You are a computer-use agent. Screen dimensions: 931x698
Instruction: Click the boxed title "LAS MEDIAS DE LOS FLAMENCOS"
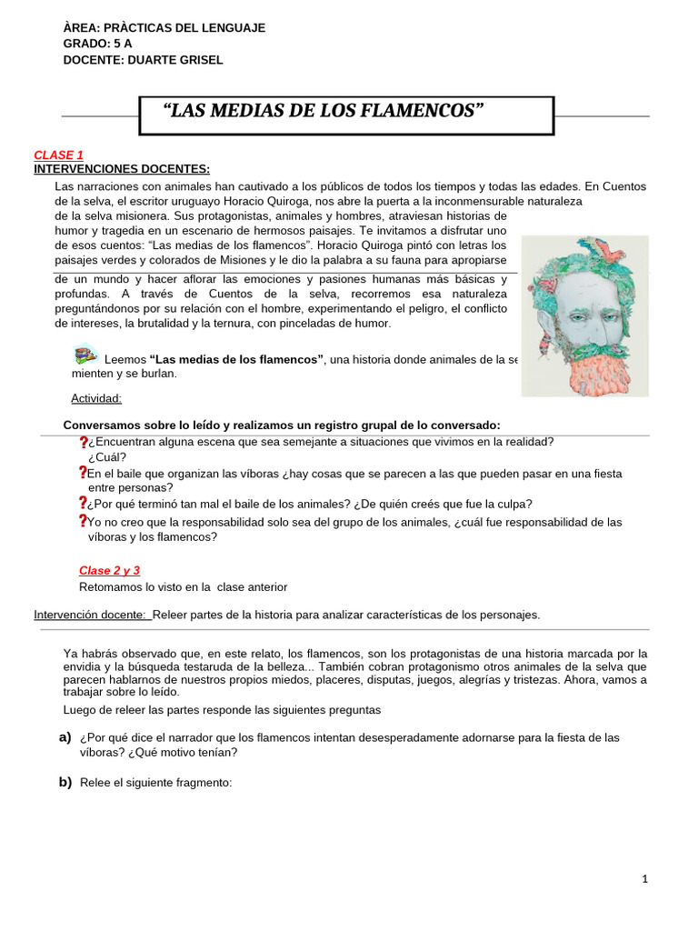[323, 112]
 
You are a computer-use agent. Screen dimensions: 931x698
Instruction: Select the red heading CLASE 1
[58, 155]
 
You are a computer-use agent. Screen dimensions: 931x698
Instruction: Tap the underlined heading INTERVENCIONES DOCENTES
[122, 169]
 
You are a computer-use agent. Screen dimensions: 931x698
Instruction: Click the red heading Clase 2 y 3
[109, 571]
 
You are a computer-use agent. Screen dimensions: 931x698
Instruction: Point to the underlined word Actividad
[96, 398]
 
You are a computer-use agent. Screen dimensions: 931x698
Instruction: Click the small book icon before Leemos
[85, 355]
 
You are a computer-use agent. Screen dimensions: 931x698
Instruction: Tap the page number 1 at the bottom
[644, 879]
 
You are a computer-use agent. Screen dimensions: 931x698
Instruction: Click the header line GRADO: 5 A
[98, 44]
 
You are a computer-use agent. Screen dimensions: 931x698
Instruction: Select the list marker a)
[65, 736]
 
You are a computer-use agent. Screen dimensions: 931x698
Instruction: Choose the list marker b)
[65, 782]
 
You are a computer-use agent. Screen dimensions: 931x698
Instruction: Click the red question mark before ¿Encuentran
[83, 443]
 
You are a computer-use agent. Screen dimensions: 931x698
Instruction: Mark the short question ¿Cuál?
[107, 457]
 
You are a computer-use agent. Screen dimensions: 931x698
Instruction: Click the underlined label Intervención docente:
[92, 615]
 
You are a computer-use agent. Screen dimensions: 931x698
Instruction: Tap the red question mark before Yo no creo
[83, 522]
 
